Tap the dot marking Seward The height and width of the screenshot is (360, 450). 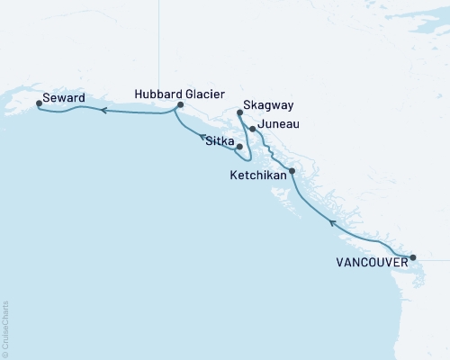click(x=39, y=103)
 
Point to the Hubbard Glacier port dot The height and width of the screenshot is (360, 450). click(x=180, y=105)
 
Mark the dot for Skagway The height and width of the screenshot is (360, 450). click(x=239, y=112)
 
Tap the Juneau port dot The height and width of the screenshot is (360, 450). click(x=253, y=129)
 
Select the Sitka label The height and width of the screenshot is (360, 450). click(x=220, y=141)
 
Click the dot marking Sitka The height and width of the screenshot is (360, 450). click(x=239, y=146)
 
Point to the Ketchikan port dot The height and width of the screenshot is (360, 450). click(x=291, y=171)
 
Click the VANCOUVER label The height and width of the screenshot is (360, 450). click(x=368, y=263)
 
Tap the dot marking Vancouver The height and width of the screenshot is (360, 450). click(x=413, y=257)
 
